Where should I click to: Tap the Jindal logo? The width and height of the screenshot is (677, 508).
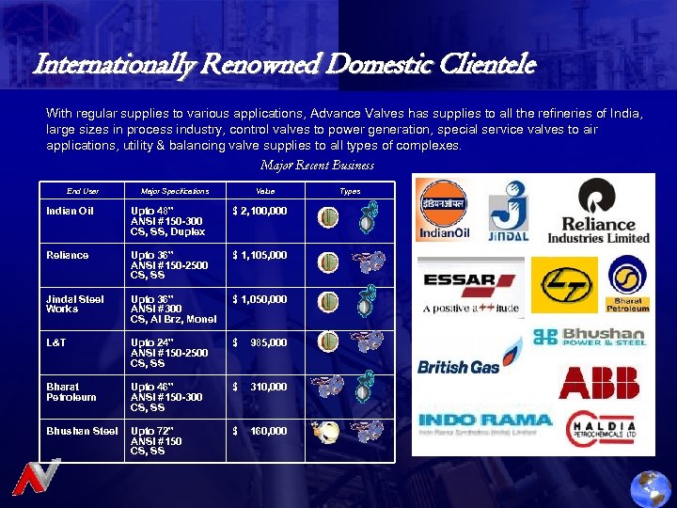pyautogui.click(x=508, y=211)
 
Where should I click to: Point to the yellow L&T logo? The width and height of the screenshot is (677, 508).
pyautogui.click(x=563, y=284)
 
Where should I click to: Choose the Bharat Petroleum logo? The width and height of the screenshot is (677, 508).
pyautogui.click(x=626, y=284)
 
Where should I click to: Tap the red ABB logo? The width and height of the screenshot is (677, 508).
pyautogui.click(x=599, y=382)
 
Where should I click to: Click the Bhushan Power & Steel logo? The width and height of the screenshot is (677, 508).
pyautogui.click(x=589, y=337)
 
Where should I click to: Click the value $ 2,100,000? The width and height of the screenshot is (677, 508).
pyautogui.click(x=260, y=212)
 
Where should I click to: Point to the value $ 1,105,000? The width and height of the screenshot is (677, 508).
pyautogui.click(x=260, y=256)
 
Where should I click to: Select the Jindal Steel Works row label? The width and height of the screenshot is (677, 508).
pyautogui.click(x=75, y=304)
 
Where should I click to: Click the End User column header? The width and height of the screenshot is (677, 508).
pyautogui.click(x=83, y=191)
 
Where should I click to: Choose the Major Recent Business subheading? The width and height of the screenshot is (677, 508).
pyautogui.click(x=317, y=166)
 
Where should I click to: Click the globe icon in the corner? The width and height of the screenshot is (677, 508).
pyautogui.click(x=650, y=488)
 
